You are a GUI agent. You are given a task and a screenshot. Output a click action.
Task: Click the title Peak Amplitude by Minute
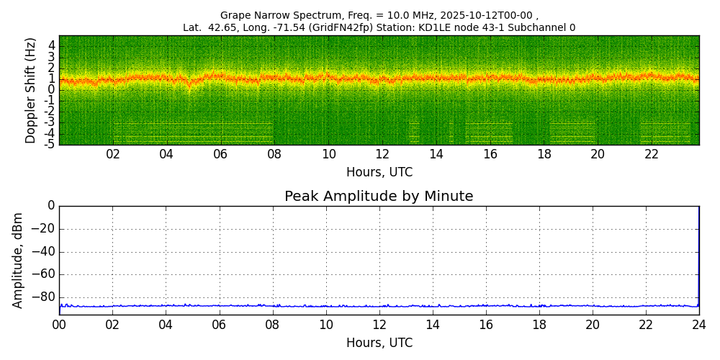click(379, 197)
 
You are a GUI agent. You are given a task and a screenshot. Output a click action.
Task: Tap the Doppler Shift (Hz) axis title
click(31, 91)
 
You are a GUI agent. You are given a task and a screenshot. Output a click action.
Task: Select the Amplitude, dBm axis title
click(18, 260)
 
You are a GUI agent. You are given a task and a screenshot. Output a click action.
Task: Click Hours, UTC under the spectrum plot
click(379, 173)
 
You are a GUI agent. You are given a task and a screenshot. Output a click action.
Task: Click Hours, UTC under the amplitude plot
click(379, 343)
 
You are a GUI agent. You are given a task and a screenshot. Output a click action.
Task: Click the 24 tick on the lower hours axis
click(699, 324)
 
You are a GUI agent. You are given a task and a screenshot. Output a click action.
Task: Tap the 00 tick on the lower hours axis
click(59, 324)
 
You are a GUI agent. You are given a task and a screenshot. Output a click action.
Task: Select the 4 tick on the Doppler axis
click(51, 45)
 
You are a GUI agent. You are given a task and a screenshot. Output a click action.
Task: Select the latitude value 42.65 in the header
click(220, 28)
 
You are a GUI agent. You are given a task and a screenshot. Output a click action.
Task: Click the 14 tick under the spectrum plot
click(436, 154)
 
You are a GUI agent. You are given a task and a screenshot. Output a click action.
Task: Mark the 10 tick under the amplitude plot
click(325, 324)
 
